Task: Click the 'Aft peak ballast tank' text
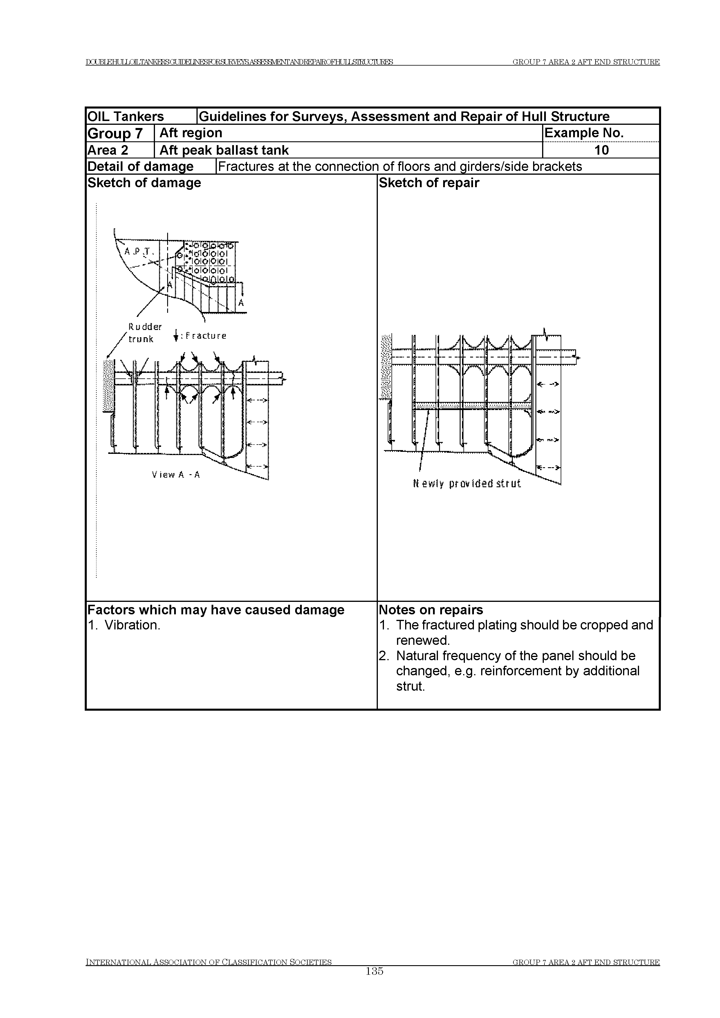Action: [224, 150]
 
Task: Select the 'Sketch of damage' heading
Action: [144, 183]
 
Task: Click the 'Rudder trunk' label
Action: [145, 333]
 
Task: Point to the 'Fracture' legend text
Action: [205, 336]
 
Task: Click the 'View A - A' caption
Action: [176, 475]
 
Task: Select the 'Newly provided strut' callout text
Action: [466, 484]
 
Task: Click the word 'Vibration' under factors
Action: [132, 625]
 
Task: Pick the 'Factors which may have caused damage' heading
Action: [216, 610]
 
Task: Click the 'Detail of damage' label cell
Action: [140, 166]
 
